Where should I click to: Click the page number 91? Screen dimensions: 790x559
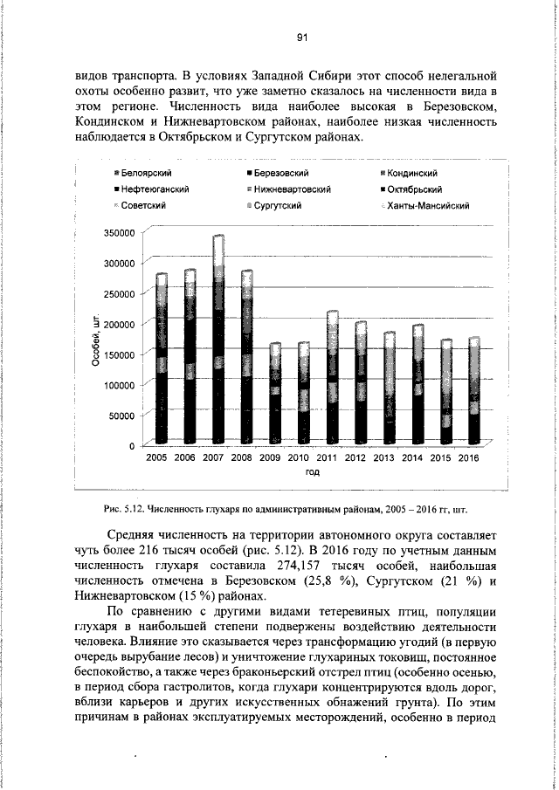point(300,37)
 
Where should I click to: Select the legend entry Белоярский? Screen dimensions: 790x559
point(144,174)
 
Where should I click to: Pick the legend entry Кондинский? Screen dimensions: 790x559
point(407,174)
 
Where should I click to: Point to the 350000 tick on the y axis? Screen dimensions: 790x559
point(119,233)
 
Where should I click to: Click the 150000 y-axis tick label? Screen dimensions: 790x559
point(119,354)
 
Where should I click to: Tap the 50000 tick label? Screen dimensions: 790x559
point(121,416)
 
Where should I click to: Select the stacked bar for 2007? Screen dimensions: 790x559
point(217,340)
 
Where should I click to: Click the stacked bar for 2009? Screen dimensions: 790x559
point(274,394)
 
